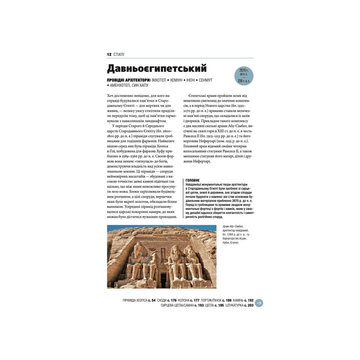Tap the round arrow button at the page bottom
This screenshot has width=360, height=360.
258,302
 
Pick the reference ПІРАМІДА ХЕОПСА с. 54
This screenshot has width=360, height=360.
139,300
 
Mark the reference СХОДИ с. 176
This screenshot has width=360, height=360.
170,300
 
